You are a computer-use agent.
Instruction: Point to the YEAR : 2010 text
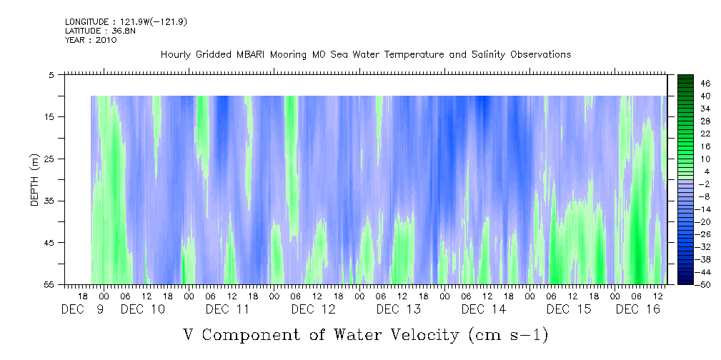[x=91, y=40]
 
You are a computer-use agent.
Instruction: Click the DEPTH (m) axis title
[x=34, y=179]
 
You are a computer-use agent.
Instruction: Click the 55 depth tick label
[x=49, y=285]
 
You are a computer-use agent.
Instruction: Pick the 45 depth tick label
[x=49, y=243]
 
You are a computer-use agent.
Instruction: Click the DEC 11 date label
[x=227, y=309]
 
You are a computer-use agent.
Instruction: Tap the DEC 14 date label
[x=483, y=309]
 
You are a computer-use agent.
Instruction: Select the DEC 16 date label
[x=637, y=309]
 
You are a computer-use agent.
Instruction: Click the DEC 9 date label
[x=84, y=309]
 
